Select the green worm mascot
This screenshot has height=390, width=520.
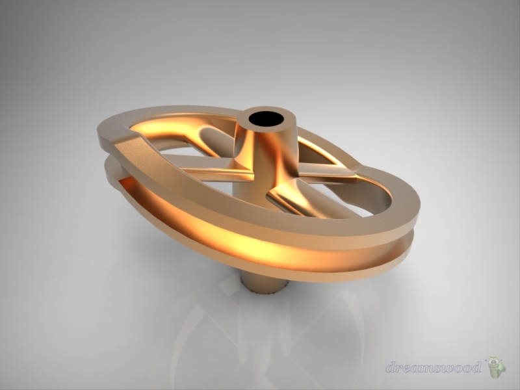[496, 367]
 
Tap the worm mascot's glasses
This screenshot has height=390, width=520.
[495, 361]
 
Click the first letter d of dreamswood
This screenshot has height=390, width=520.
[391, 367]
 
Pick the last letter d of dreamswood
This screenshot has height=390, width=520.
[476, 367]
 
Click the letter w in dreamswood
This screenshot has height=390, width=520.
[446, 368]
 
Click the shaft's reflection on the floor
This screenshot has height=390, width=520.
[260, 325]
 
